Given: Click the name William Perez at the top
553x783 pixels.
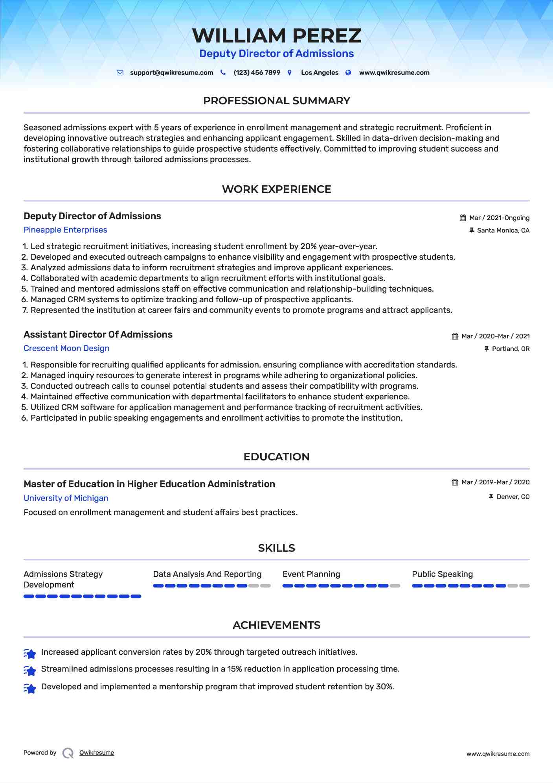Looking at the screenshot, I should [276, 36].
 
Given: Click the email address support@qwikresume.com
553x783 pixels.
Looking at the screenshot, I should [171, 73].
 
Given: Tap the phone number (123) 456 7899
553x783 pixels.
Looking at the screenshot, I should [257, 73].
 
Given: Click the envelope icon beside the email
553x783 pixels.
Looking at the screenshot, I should [120, 73].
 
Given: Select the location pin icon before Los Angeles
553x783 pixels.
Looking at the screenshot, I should [290, 73].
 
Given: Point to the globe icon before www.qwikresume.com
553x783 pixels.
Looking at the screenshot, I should [348, 73].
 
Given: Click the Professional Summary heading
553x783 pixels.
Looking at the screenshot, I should [276, 101].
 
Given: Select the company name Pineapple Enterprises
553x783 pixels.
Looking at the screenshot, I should [65, 230].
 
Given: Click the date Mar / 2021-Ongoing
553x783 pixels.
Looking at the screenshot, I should [499, 218].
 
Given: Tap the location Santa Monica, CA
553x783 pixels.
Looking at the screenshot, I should [503, 231].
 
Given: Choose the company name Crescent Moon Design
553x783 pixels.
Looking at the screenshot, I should [66, 348].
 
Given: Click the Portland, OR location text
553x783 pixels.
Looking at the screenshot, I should [511, 349].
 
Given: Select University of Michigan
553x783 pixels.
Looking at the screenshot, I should [66, 498].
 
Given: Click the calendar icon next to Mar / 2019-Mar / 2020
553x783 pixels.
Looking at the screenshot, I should [455, 482].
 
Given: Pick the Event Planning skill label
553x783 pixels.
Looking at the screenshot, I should [311, 574].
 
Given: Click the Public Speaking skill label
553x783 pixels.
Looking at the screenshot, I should [442, 574].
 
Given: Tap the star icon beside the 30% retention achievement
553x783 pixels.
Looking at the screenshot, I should [30, 688].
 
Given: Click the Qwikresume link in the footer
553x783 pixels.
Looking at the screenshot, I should [97, 753].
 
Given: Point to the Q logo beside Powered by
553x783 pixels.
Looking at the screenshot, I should [68, 753].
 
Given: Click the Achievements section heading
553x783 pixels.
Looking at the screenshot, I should [276, 625].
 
